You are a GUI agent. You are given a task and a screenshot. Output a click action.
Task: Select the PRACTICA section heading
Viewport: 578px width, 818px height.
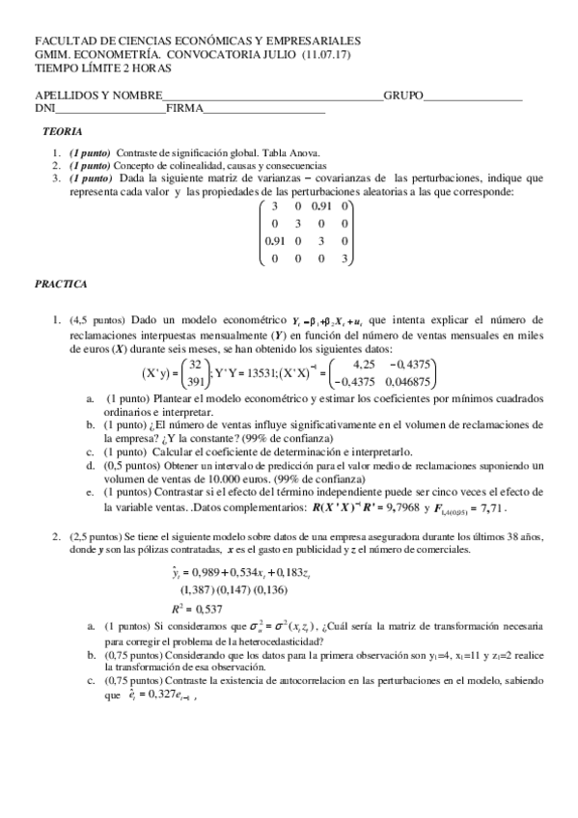tap(62, 285)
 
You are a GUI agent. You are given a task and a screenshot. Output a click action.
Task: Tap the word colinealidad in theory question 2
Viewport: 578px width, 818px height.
tap(195, 165)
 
